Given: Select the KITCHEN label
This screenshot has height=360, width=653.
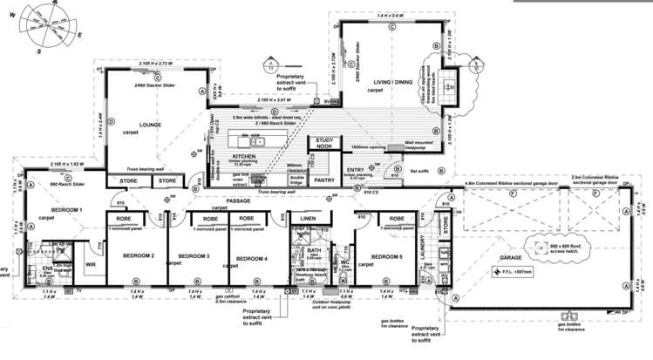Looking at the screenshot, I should [x=244, y=153].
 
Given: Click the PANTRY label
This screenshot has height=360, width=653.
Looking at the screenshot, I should [x=324, y=180].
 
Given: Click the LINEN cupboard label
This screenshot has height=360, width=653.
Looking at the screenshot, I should [x=307, y=218].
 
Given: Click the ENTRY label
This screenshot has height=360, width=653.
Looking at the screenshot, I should [x=356, y=170].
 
